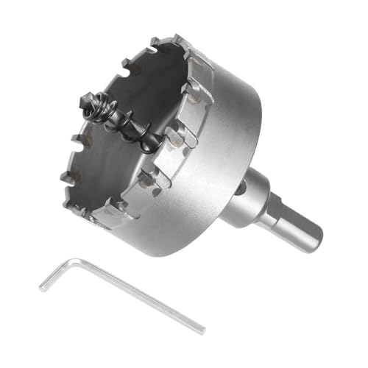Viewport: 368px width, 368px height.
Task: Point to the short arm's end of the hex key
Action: pyautogui.click(x=42, y=286)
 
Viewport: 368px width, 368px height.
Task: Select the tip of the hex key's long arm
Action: pyautogui.click(x=202, y=329)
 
